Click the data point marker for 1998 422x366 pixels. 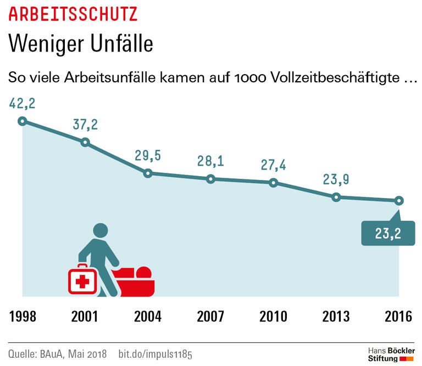pos(22,121)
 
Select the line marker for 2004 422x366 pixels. pos(148,173)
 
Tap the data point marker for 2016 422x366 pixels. pos(399,200)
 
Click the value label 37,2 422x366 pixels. pos(85,125)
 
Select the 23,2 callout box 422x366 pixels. pos(387,233)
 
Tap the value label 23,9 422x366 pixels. pos(336,179)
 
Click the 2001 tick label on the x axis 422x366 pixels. pos(85,317)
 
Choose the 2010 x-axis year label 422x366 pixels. pos(273,317)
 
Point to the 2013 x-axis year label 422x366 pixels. pos(336,317)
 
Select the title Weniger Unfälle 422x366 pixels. pos(81,43)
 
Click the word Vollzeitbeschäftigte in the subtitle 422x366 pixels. pos(335,78)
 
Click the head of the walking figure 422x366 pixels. pos(101,231)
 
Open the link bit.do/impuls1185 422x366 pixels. pos(156,352)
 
